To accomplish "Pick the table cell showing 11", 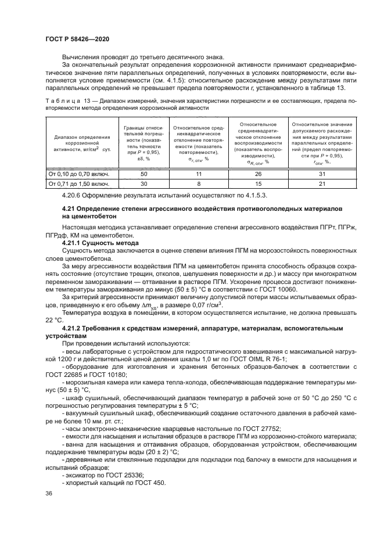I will pos(198,174).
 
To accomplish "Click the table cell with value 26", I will pos(258,174).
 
